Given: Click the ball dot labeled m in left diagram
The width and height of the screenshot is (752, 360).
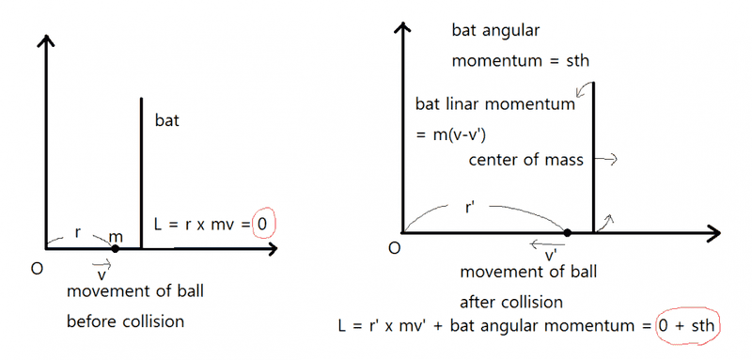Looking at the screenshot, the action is (x=115, y=248).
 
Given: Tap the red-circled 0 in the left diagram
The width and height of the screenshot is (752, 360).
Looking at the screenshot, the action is (x=262, y=224).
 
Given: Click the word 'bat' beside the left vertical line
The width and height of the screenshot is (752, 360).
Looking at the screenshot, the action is (x=167, y=120).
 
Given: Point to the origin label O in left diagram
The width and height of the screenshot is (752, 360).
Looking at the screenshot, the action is (x=37, y=269).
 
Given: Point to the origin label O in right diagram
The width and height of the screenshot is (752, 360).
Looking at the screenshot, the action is (x=394, y=250).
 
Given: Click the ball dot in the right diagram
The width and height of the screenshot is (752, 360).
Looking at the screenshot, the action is (x=568, y=233).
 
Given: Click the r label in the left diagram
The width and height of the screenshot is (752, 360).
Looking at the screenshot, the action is (x=78, y=233).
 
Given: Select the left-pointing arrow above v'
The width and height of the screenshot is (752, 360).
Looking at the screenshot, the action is (x=545, y=245).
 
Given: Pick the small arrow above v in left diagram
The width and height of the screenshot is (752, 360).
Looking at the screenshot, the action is (x=102, y=263).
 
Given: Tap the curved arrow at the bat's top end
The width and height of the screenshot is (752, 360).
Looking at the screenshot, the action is (x=584, y=89).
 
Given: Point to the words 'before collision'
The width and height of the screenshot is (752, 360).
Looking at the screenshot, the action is (x=126, y=321).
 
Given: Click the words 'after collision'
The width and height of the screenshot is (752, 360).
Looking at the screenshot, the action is (x=511, y=303).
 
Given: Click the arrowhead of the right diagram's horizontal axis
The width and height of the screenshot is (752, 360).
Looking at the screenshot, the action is (x=714, y=233).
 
